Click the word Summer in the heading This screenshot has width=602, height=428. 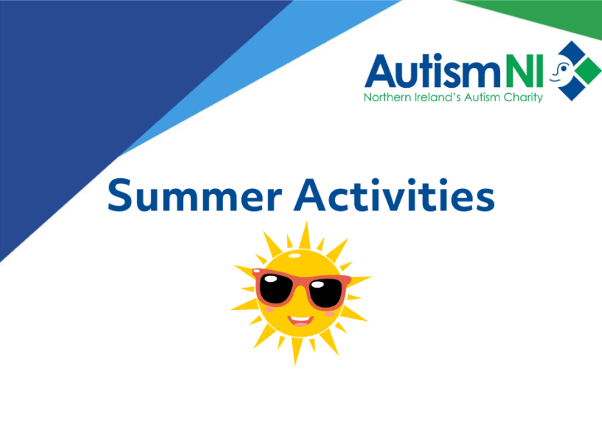(x=195, y=195)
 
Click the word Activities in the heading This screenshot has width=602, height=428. (x=394, y=195)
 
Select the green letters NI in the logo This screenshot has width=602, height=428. (x=525, y=71)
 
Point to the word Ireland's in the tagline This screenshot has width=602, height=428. (x=437, y=97)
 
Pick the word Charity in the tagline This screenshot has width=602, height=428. (x=523, y=98)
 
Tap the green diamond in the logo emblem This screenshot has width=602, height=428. (x=587, y=71)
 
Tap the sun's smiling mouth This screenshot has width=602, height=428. (x=301, y=320)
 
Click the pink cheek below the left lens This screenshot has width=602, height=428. (x=269, y=309)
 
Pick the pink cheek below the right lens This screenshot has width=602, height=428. (x=330, y=314)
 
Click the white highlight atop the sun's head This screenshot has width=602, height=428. (x=295, y=255)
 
